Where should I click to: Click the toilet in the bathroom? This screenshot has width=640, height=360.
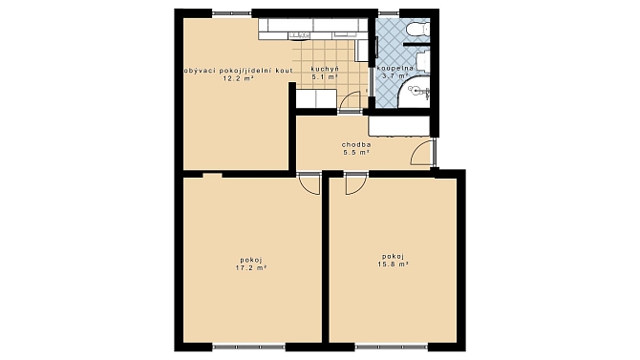click(418, 29)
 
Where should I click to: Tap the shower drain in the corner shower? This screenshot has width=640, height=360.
click(415, 90)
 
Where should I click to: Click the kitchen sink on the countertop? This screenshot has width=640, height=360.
click(298, 36)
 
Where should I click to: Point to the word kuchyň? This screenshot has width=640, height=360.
click(325, 69)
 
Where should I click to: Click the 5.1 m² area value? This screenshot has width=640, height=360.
click(325, 76)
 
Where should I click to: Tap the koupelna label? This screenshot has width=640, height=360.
click(395, 68)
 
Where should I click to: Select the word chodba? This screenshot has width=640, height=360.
click(356, 144)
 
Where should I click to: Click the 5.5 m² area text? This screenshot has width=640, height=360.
click(356, 152)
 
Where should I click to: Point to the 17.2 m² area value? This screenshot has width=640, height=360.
click(251, 267)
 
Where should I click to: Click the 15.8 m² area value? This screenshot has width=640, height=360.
click(393, 265)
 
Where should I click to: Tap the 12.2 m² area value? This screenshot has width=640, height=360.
click(238, 78)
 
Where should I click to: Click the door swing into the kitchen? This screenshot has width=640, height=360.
click(350, 101)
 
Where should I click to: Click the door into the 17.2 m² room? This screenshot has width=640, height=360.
click(309, 182)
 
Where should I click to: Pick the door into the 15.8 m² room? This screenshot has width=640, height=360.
click(356, 182)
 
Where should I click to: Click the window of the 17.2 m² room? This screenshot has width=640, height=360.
click(248, 348)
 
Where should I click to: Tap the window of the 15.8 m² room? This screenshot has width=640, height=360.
click(392, 348)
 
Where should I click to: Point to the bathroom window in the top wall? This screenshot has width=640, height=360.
click(388, 13)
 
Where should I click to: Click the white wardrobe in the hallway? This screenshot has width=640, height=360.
click(399, 126)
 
